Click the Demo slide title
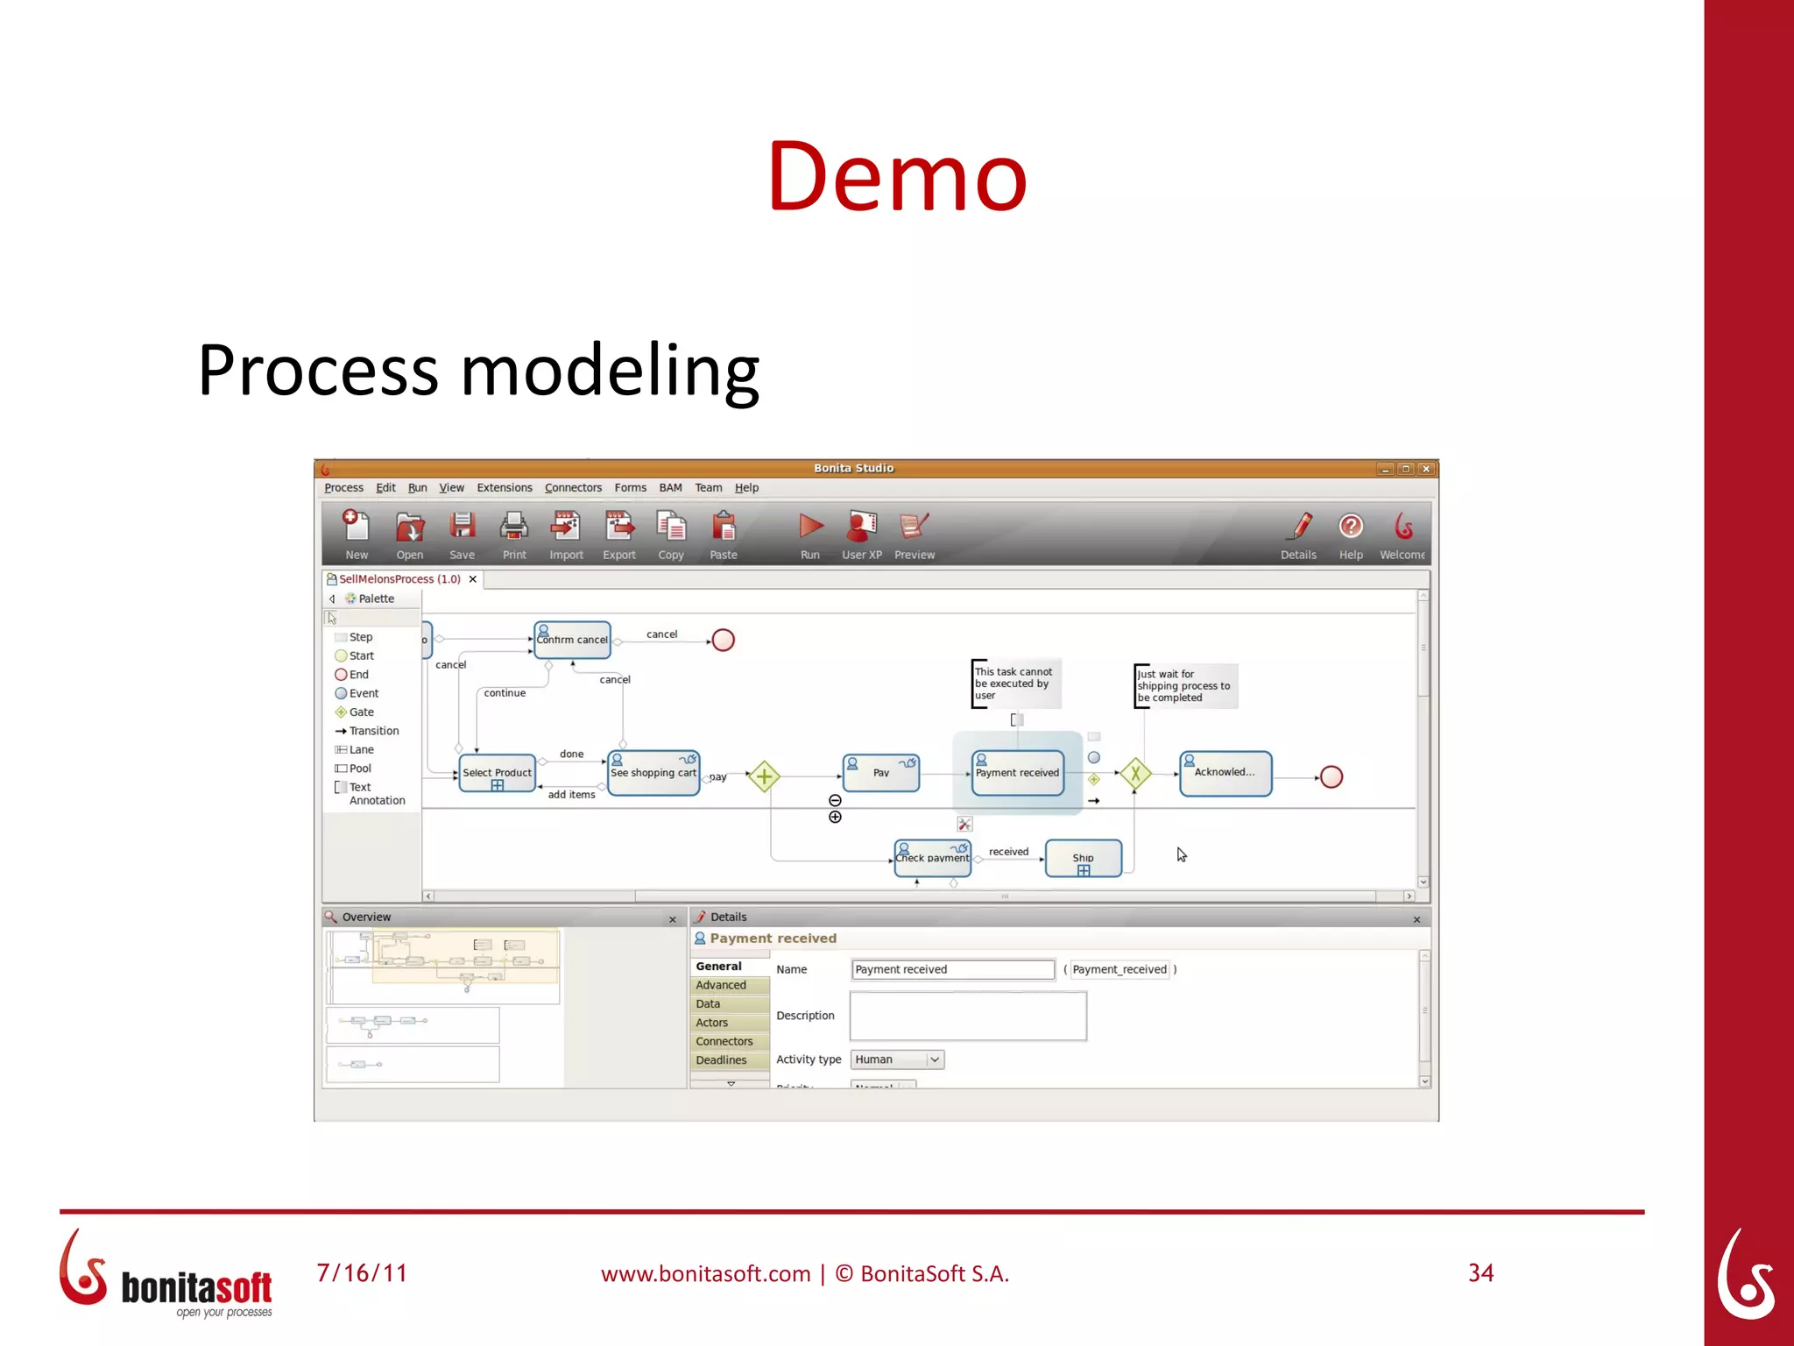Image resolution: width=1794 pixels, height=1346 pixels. [896, 177]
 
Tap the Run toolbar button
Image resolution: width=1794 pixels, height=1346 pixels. [810, 533]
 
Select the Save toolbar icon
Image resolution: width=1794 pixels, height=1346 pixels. [462, 533]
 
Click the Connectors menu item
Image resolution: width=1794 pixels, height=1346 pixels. [573, 488]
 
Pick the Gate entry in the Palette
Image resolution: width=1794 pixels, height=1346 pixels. [361, 712]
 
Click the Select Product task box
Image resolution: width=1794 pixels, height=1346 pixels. [497, 773]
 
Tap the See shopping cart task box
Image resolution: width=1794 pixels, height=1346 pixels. [653, 773]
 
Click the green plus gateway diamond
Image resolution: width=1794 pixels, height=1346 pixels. [764, 776]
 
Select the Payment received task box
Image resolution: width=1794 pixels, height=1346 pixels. [1017, 773]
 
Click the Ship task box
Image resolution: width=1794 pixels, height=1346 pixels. [1083, 859]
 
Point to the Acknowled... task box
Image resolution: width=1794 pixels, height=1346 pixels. [1225, 773]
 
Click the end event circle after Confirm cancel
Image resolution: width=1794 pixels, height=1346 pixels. [723, 641]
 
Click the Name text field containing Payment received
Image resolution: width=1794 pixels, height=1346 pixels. [952, 969]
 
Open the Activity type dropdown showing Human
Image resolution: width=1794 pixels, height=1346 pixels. [897, 1059]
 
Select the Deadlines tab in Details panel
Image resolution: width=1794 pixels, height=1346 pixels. [722, 1060]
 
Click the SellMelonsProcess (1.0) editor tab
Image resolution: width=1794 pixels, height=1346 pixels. [399, 579]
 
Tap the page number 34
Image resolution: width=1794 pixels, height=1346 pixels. [1480, 1273]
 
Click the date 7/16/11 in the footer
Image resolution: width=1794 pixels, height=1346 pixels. [362, 1273]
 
